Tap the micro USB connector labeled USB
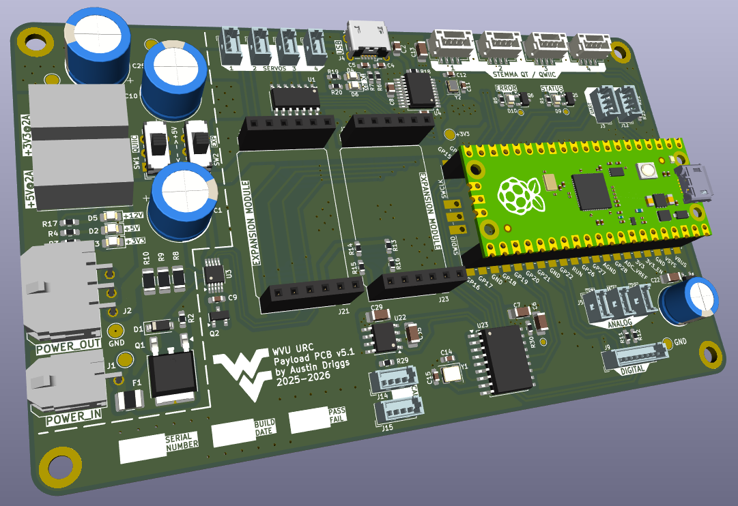pos(369,39)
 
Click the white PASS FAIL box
pos(309,419)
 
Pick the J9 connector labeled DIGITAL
pos(636,356)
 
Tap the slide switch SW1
pos(158,145)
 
